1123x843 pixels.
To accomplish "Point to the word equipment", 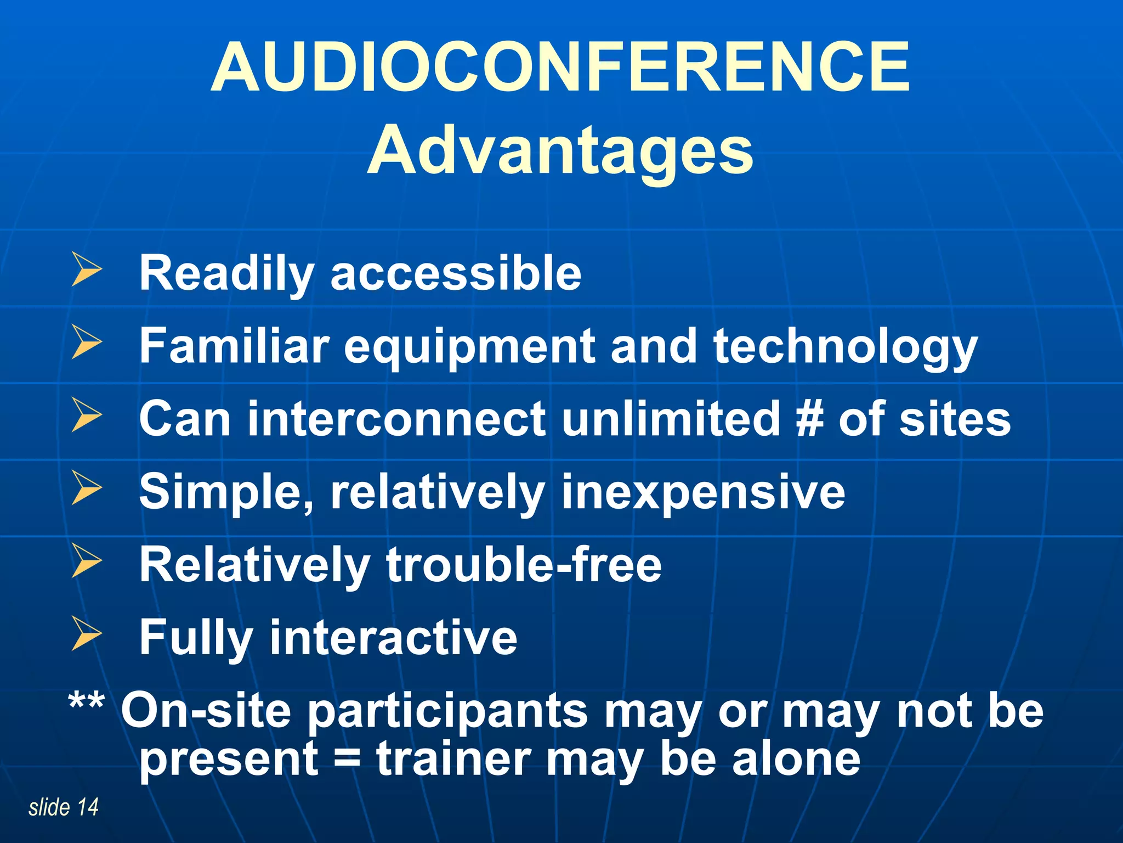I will pos(469,347).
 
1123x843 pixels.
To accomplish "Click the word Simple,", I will pos(226,492).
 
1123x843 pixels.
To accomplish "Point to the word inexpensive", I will pos(703,492).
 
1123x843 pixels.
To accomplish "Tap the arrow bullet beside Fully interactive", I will pos(86,633).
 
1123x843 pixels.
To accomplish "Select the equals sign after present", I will pos(347,760).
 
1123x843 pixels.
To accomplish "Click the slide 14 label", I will pos(63,807).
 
